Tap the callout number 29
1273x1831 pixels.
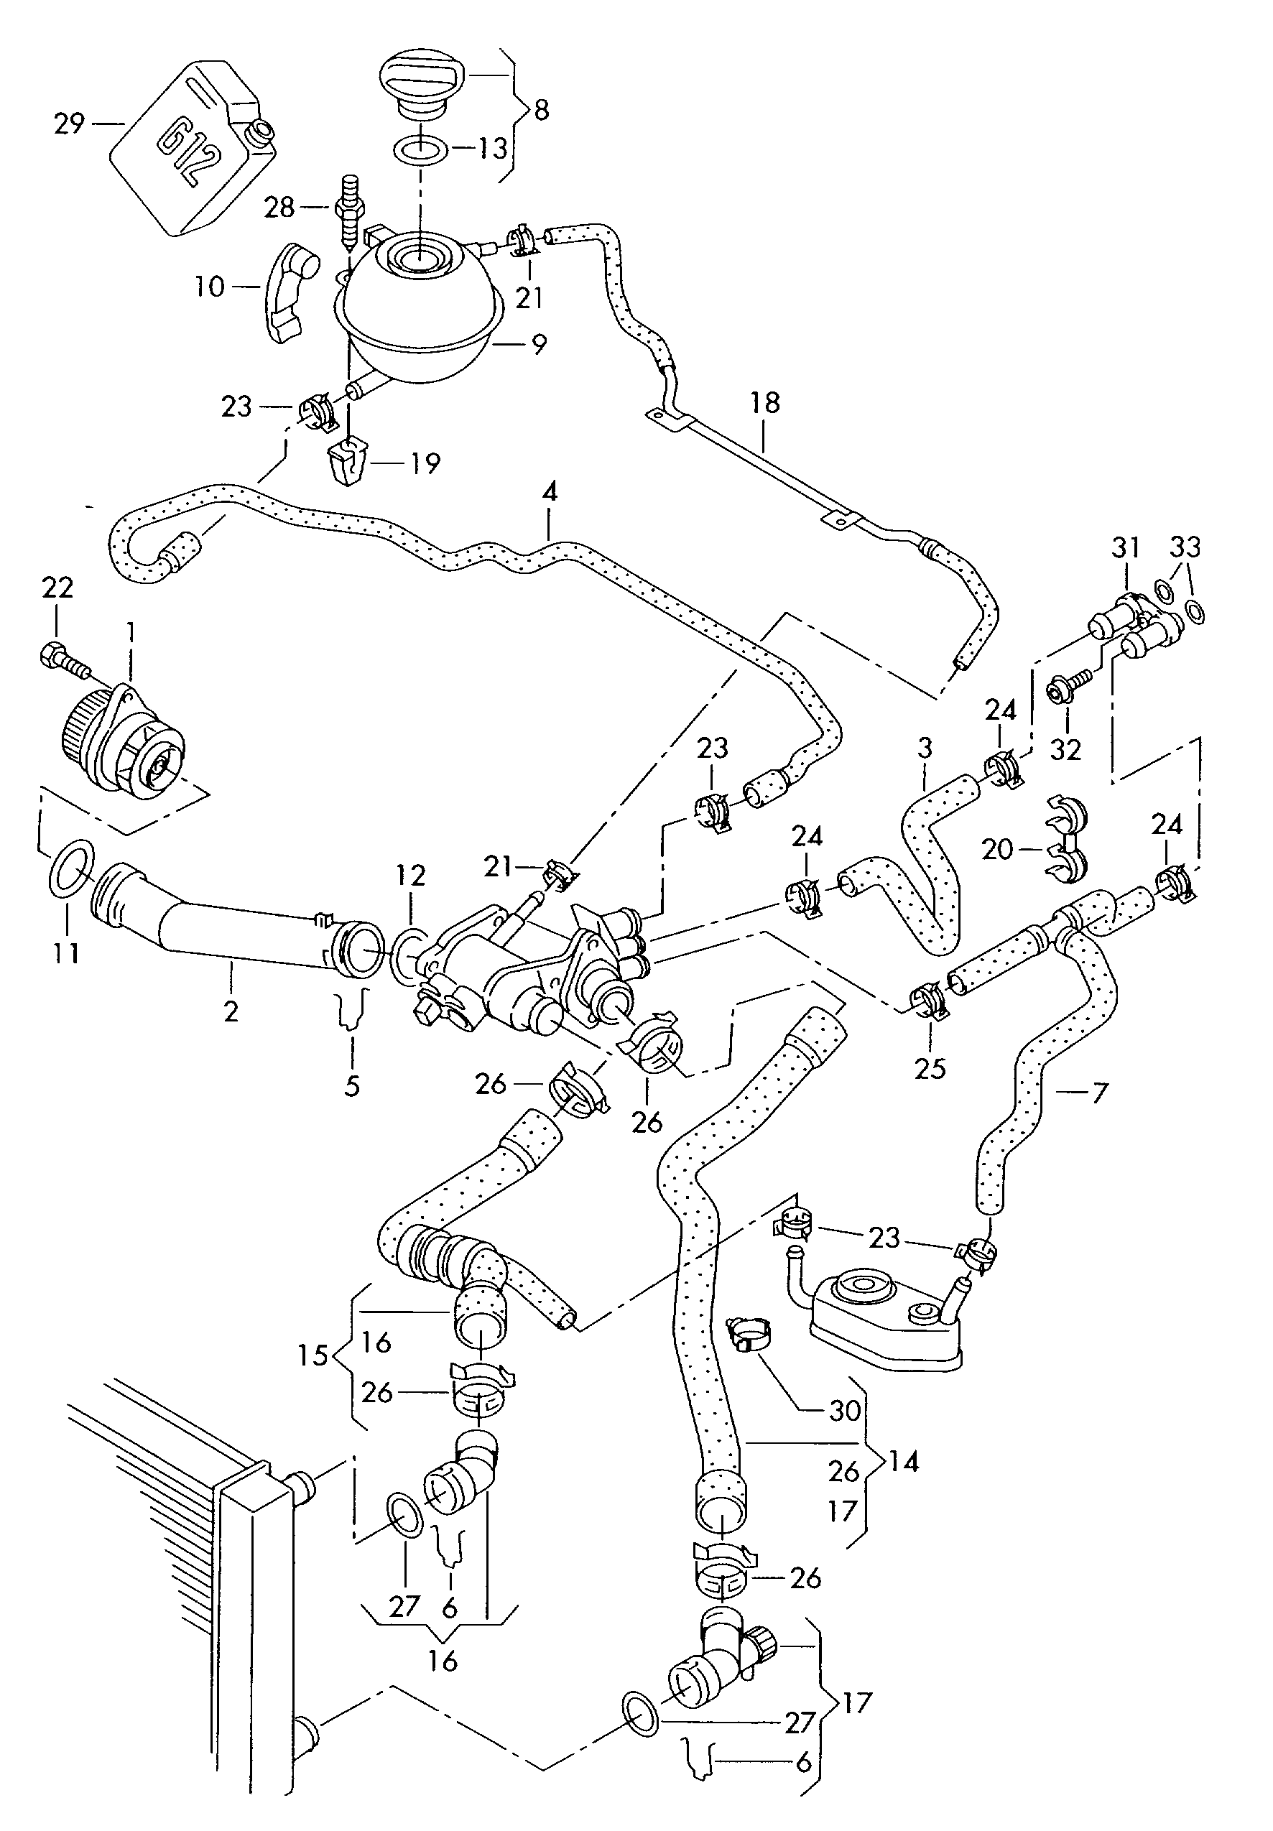tap(70, 124)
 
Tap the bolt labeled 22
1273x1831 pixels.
tap(60, 658)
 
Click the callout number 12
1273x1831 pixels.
tap(411, 876)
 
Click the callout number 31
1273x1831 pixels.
tap(1126, 548)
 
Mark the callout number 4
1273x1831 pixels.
tap(550, 492)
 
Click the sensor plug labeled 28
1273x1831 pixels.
tap(348, 209)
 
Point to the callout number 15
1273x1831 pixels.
tap(313, 1355)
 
